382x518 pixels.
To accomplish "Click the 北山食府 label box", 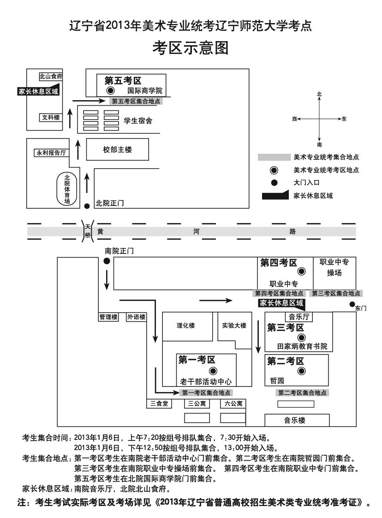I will pos(51,77).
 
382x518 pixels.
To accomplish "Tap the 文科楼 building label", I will pos(51,118).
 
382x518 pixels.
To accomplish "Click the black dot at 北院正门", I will pos(87,206).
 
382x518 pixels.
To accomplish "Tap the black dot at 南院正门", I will pos(107,261).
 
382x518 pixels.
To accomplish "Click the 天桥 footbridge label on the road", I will pos(88,231).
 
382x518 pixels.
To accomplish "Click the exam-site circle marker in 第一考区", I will pos(213,371).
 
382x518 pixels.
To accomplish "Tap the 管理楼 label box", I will pos(108,317).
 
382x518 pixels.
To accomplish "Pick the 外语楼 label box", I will pos(137,317).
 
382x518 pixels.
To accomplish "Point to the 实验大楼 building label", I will pos(234,325).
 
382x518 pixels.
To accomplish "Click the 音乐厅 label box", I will pos(298,317).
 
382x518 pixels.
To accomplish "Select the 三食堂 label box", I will pos(159,404).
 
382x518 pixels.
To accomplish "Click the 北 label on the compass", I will pos(319,94).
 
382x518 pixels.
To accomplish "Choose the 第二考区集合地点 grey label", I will pos(302,392).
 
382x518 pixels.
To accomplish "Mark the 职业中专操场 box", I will pos(334,268).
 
